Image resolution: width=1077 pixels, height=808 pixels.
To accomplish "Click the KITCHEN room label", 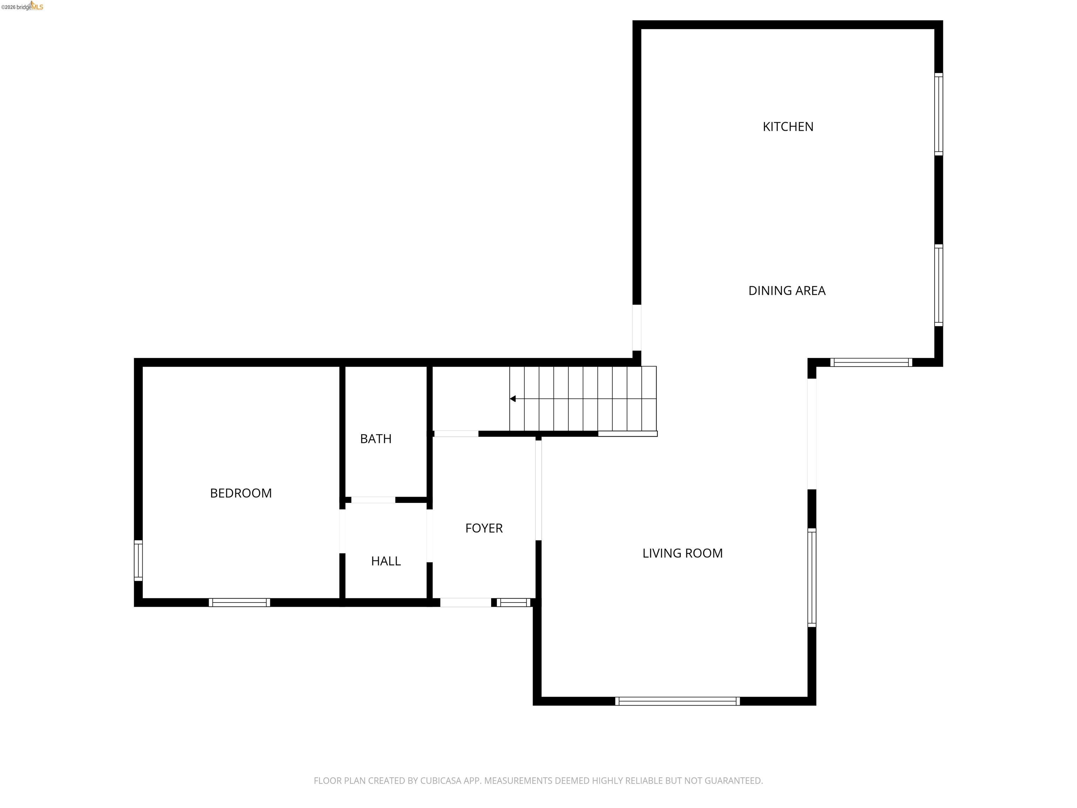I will pyautogui.click(x=787, y=127).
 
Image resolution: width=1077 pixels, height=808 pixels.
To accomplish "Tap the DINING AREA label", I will pyautogui.click(x=786, y=291).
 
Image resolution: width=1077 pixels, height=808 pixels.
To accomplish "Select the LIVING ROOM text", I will pyautogui.click(x=682, y=553).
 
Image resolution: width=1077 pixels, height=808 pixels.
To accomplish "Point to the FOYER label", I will pyautogui.click(x=483, y=528).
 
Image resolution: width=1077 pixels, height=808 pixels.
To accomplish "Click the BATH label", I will pyautogui.click(x=375, y=439).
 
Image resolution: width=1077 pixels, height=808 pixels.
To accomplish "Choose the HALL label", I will pyautogui.click(x=386, y=561).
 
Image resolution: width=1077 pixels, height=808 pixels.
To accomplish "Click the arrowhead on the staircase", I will pyautogui.click(x=513, y=399).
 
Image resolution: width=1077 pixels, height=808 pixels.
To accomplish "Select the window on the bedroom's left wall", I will pyautogui.click(x=138, y=560).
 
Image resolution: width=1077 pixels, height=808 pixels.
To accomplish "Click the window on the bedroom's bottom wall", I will pyautogui.click(x=239, y=602).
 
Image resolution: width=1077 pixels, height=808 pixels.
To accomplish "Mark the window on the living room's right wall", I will pyautogui.click(x=812, y=577).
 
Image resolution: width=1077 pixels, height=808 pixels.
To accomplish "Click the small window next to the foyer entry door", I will pyautogui.click(x=513, y=602).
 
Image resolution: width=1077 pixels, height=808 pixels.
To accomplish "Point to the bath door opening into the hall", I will pyautogui.click(x=373, y=500).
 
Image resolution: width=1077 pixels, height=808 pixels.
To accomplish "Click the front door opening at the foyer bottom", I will pyautogui.click(x=466, y=602).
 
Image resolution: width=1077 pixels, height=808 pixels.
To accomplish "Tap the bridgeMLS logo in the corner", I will pyautogui.click(x=22, y=7).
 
